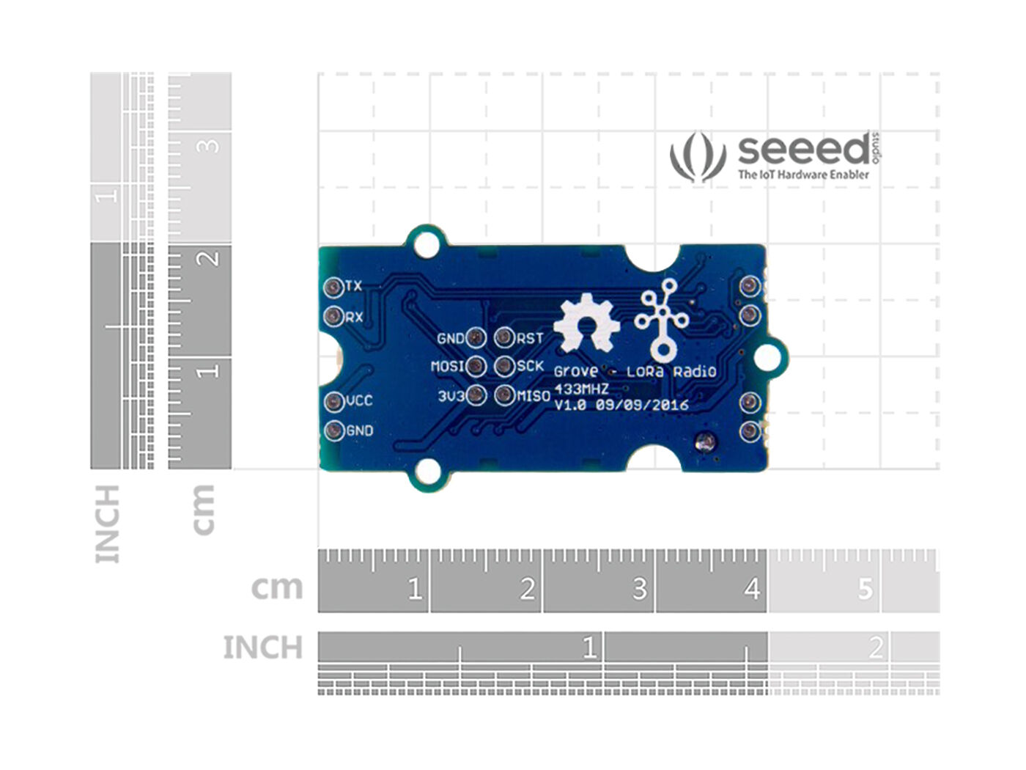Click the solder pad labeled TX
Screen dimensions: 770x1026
click(333, 286)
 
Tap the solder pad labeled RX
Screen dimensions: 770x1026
click(333, 317)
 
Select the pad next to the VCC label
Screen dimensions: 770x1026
click(333, 401)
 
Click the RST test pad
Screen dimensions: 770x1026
click(503, 337)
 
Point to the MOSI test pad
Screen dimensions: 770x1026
click(476, 366)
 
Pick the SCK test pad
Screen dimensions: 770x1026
click(503, 366)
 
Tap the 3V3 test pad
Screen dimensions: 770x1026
click(476, 396)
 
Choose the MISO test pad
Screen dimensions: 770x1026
click(503, 396)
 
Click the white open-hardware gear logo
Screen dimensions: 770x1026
click(586, 323)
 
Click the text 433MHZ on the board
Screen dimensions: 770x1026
click(581, 389)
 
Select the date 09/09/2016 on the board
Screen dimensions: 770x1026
click(642, 405)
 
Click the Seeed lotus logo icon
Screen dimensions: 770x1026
click(697, 156)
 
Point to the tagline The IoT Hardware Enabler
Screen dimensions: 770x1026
click(803, 175)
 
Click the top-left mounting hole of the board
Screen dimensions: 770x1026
click(424, 244)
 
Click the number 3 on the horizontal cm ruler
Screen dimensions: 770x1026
click(639, 589)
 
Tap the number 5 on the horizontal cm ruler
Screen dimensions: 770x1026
click(865, 589)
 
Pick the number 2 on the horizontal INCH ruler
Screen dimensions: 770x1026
click(875, 648)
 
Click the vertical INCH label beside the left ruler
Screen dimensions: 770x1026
click(107, 524)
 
